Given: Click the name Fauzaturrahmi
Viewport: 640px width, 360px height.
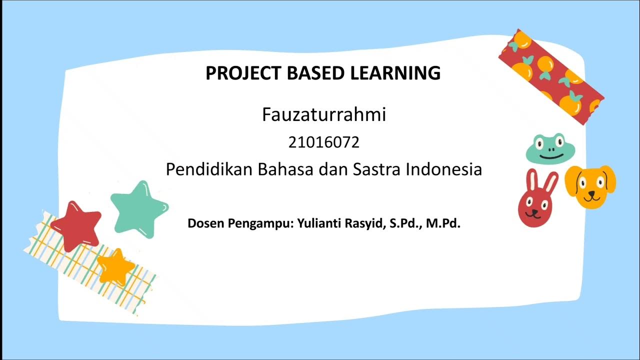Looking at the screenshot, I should click(324, 115).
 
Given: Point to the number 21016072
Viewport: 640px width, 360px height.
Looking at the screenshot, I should click(324, 143).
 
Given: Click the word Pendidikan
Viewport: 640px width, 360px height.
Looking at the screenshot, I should click(209, 169).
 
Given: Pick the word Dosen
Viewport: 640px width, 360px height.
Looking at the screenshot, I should click(206, 223).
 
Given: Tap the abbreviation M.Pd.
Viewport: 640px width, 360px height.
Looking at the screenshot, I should click(443, 223).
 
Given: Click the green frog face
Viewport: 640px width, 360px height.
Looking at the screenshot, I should click(550, 148).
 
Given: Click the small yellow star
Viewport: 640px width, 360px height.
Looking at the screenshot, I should click(115, 266).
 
